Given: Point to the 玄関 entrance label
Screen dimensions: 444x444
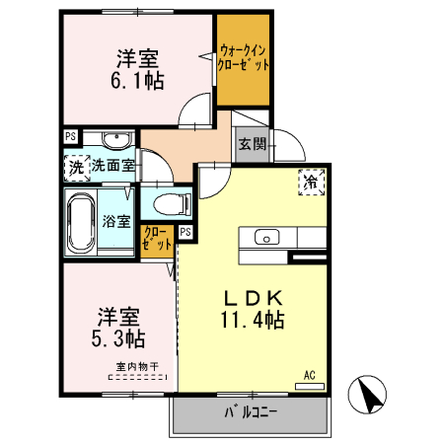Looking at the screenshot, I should point(252,144).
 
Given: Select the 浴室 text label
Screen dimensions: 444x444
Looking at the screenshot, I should point(116,221).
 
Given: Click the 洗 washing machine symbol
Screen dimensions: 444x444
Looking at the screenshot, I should point(76,167).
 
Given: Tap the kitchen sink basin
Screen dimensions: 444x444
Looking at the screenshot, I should point(267,237).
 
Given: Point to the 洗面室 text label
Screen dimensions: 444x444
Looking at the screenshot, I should point(113,167).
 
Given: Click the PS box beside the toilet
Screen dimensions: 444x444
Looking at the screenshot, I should point(185,233).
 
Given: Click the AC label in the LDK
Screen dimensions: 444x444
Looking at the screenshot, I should point(309,375).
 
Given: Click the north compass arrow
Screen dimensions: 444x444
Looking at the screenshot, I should point(371,398).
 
